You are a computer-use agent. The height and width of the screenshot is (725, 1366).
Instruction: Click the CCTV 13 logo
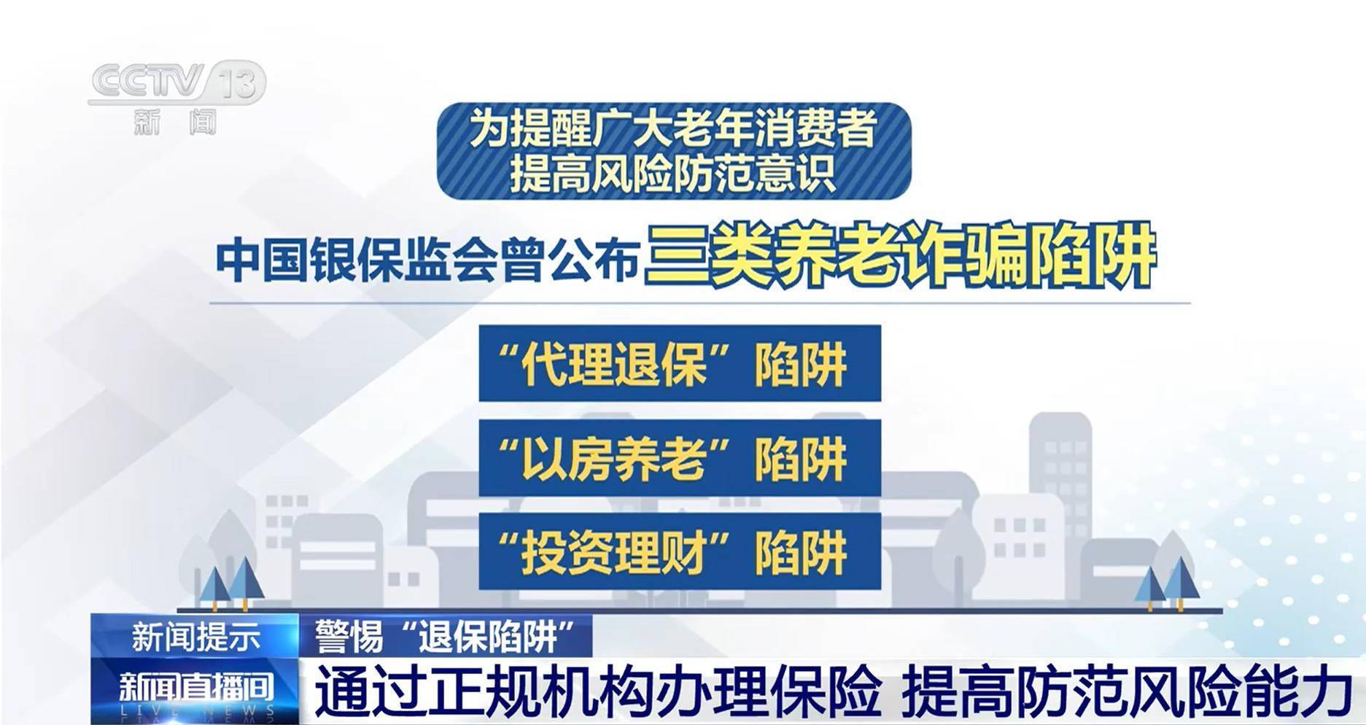(177, 98)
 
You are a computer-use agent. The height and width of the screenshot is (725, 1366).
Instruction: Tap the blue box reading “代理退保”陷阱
(680, 363)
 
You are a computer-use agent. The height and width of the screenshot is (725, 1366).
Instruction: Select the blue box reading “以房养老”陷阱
(680, 457)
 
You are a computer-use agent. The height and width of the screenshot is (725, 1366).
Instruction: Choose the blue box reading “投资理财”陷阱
(680, 551)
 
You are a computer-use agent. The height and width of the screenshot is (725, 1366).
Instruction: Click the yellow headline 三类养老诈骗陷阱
(900, 255)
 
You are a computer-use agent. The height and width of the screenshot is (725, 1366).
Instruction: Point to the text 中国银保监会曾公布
(427, 260)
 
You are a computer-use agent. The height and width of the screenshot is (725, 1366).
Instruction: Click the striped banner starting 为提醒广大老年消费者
(674, 151)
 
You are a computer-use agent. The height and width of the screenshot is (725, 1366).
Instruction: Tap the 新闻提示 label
(195, 637)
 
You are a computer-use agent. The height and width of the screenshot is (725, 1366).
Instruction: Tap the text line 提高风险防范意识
(672, 174)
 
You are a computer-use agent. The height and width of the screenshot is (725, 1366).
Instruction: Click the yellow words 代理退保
(615, 363)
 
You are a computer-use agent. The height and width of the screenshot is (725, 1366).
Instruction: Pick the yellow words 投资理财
(615, 551)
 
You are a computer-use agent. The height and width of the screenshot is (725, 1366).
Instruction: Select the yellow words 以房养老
(615, 457)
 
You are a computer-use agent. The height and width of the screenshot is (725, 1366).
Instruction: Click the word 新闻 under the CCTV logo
(176, 122)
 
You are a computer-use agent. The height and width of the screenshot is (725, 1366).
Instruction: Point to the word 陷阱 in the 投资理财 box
(801, 552)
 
